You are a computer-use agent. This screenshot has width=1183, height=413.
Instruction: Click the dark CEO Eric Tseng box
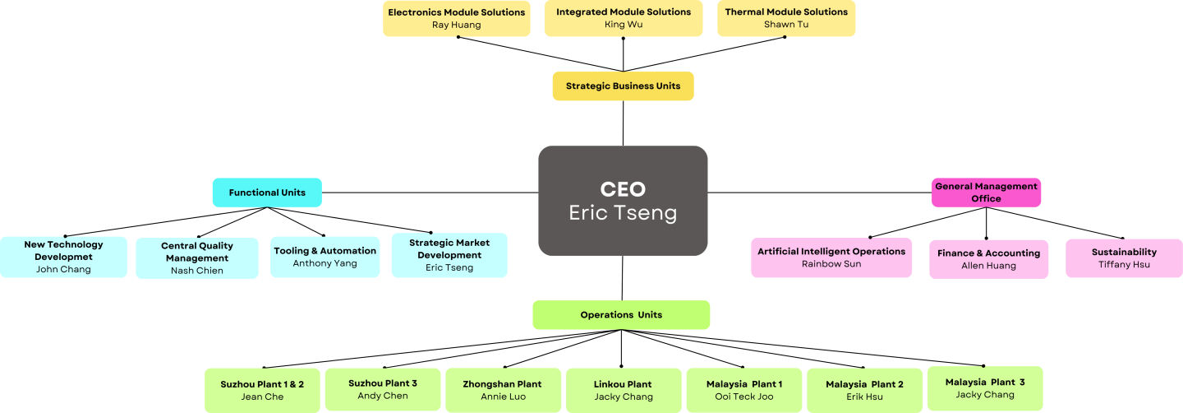pos(623,201)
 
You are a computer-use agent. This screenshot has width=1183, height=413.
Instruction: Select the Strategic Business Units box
pos(623,86)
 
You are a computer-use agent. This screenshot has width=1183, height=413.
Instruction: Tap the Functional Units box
pos(267,193)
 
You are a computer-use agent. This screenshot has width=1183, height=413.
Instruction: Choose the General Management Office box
pos(986,193)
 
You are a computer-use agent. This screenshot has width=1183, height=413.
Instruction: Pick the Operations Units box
pos(621,315)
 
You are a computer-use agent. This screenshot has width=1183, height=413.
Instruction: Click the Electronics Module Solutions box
pos(456,18)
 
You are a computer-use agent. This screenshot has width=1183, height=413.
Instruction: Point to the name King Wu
pos(624,25)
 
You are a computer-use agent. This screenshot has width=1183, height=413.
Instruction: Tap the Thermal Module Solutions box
pos(786,18)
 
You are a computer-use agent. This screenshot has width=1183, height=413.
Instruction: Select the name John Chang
pos(63,269)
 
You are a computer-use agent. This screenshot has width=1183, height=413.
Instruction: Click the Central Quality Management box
pos(197,258)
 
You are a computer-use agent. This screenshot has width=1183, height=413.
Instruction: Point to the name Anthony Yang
pos(325,263)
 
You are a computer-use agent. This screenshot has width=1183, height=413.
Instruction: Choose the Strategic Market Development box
pos(449,255)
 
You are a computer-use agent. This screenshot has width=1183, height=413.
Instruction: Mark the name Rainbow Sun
pos(831,264)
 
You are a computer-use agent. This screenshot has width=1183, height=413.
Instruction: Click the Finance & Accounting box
pos(988,259)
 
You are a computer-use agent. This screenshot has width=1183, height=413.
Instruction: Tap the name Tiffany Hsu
pos(1124,264)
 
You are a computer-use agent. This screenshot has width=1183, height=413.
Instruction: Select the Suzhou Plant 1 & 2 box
pos(262,390)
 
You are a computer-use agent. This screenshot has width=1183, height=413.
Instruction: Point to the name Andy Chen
pos(382,396)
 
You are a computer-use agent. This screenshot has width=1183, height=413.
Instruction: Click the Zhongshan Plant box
pos(503,390)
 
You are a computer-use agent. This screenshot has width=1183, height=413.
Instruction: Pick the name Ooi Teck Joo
pos(743,397)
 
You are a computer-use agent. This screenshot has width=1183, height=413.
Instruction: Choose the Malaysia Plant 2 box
pos(864,390)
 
